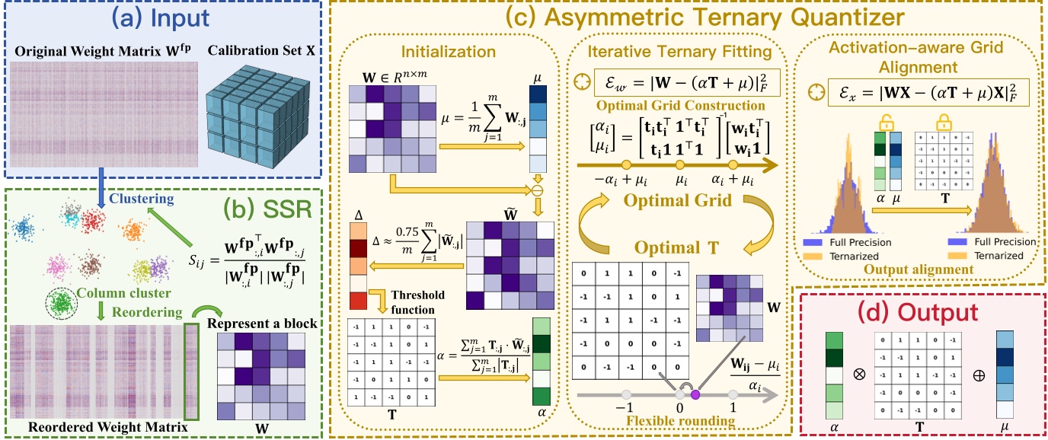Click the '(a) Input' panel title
[x=162, y=16]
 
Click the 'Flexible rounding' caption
[x=679, y=419]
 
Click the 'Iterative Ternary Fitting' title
[x=678, y=52]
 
